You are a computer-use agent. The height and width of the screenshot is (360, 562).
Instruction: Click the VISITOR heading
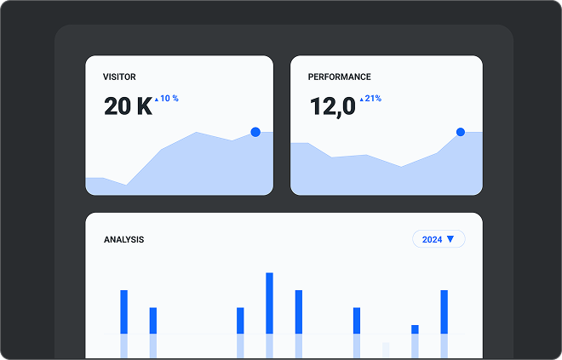point(119,77)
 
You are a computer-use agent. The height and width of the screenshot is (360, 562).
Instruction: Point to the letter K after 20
point(144,106)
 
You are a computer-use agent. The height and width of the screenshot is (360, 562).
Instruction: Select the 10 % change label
point(169,99)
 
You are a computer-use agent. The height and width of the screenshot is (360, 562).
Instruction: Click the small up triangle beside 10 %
point(157,99)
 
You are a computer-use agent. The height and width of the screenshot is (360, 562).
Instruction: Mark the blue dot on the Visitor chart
point(255,132)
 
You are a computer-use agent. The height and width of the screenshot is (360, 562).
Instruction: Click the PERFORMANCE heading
point(340,77)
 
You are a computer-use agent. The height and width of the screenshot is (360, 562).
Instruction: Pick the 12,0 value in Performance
point(331,106)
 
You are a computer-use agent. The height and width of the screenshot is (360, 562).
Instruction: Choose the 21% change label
point(373,99)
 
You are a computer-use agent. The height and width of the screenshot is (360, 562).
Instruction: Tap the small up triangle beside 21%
point(361,99)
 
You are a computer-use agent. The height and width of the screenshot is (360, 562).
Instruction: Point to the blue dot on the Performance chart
point(461,132)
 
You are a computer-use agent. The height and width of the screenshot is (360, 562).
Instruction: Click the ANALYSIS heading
point(123,239)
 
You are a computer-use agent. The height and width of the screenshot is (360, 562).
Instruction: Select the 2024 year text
point(432,240)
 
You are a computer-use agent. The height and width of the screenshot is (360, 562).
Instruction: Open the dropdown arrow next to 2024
point(450,239)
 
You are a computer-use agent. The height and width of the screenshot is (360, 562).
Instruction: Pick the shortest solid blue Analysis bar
point(415,329)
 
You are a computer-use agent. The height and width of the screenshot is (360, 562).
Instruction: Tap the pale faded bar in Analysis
point(386,349)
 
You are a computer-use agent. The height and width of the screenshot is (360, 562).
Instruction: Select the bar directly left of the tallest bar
point(240,320)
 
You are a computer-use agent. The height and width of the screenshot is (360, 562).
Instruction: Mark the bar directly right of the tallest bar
point(299,311)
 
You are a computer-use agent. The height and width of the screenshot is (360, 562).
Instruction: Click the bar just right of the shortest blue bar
point(444,311)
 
